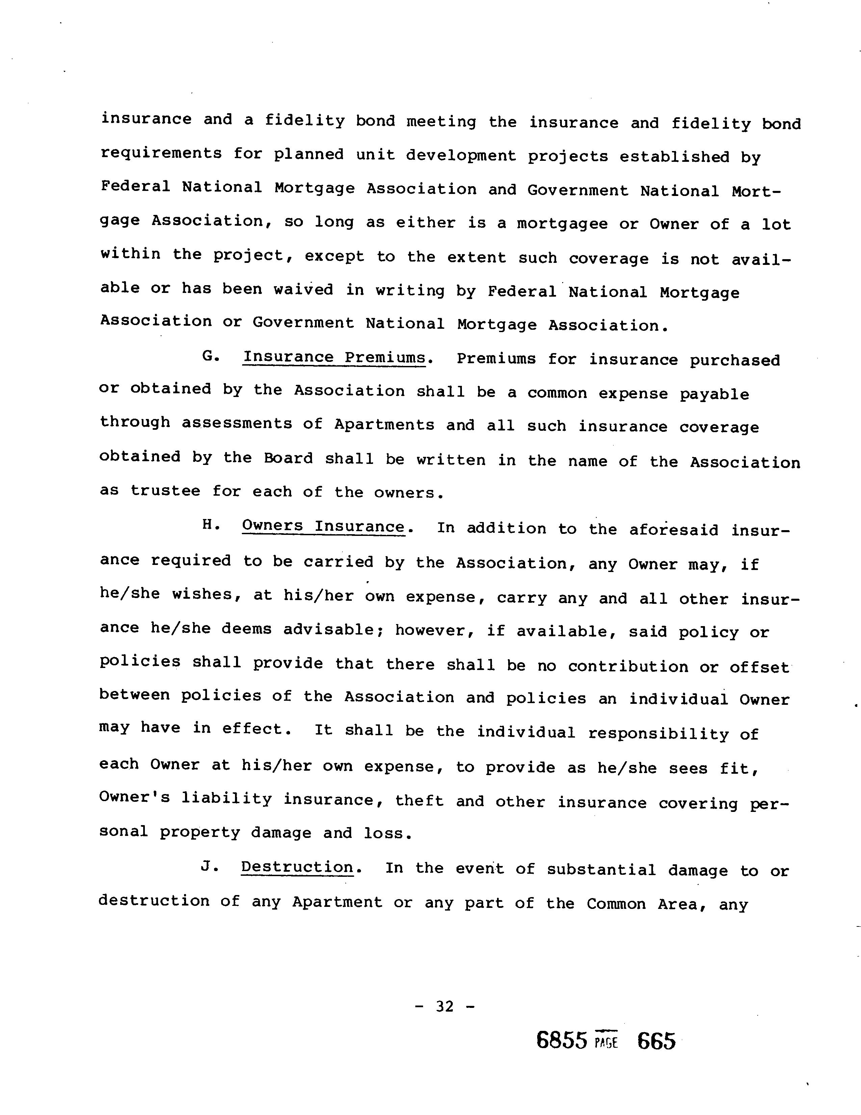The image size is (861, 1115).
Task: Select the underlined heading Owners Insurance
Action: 323,526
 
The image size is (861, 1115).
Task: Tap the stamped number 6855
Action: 562,1040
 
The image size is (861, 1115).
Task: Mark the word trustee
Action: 165,491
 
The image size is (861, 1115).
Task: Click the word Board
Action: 288,459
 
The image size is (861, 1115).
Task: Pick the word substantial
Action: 601,869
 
